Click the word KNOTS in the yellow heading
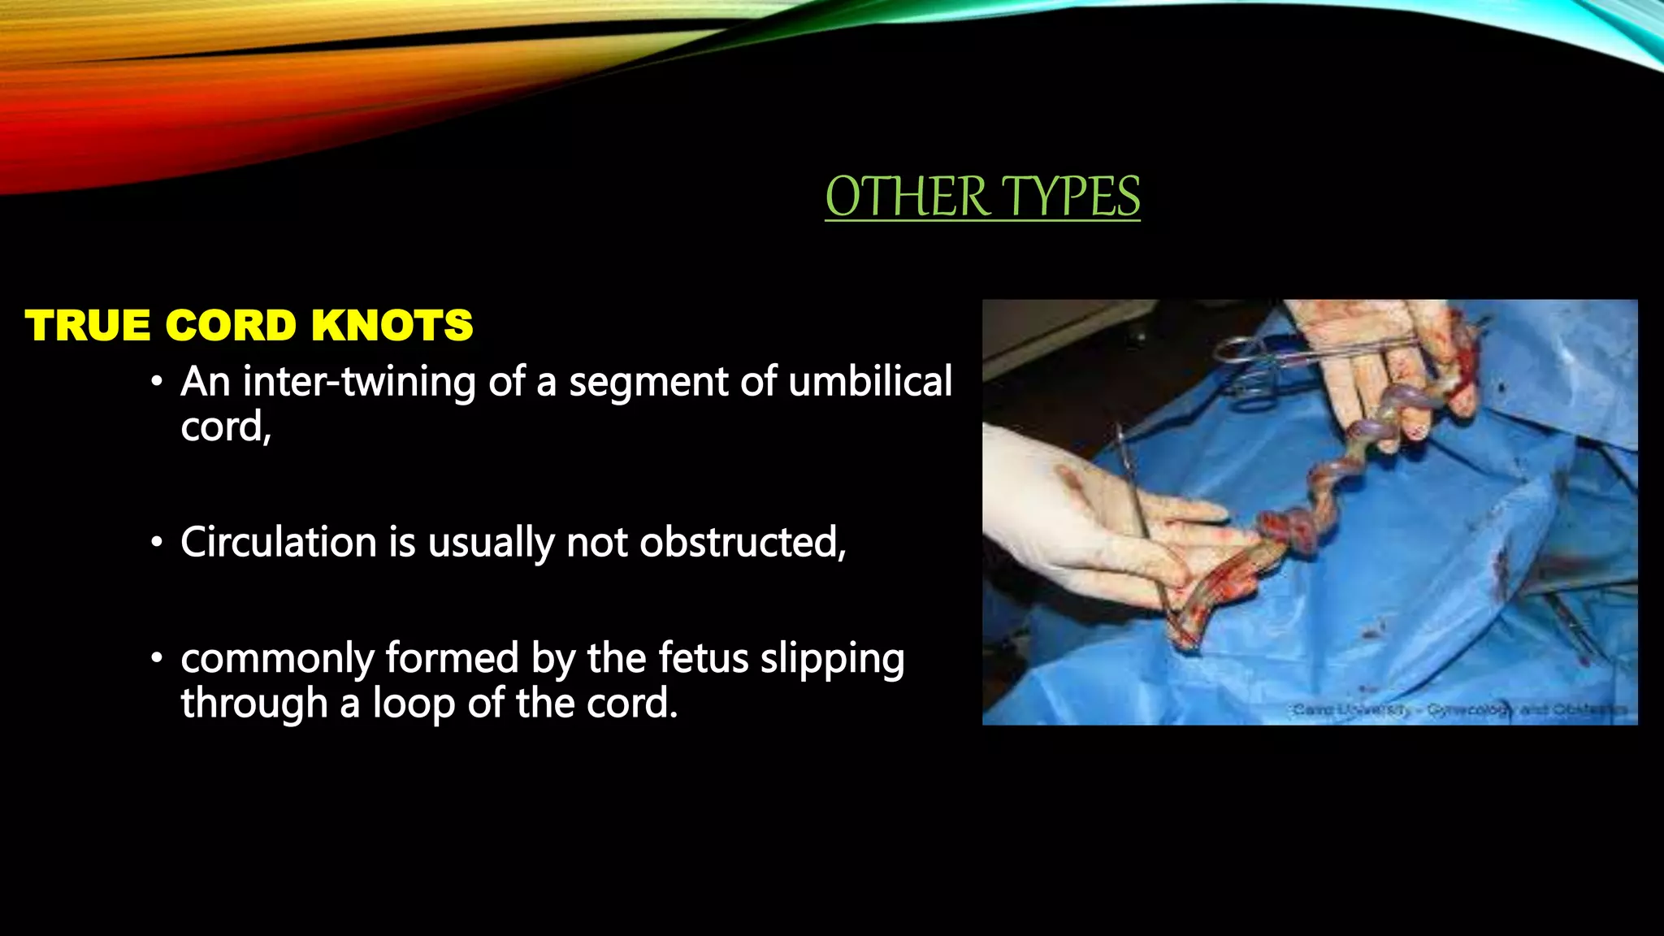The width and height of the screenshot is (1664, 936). (392, 326)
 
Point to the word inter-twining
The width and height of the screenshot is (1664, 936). (359, 381)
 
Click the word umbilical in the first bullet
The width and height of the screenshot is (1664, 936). (870, 381)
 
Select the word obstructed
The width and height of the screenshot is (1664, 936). (742, 542)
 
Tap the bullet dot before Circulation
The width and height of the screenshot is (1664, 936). (157, 544)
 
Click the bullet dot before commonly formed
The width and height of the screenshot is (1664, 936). (157, 660)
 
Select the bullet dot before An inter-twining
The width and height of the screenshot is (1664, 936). (157, 383)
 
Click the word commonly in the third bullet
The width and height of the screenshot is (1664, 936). (276, 660)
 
